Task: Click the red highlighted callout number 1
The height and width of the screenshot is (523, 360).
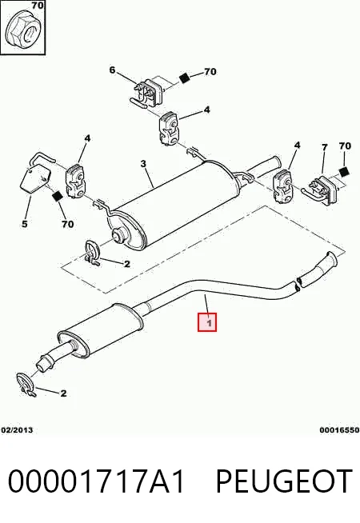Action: (x=207, y=322)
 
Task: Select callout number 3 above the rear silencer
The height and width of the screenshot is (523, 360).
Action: (x=143, y=164)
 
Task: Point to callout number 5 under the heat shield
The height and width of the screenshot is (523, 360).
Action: (x=24, y=223)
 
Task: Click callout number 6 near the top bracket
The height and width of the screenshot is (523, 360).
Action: (x=112, y=70)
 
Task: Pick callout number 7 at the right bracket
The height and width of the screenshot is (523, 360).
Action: (x=324, y=147)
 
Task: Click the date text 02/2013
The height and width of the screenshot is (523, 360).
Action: (x=17, y=430)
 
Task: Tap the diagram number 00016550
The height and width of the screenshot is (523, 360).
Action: (x=339, y=430)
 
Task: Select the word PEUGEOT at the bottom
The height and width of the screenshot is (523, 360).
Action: (x=284, y=481)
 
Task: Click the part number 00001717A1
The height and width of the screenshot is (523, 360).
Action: (x=96, y=481)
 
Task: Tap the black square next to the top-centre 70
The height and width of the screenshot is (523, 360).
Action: (x=184, y=78)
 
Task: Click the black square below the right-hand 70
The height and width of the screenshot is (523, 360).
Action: (x=343, y=172)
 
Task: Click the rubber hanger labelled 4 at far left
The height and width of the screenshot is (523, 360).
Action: (x=76, y=181)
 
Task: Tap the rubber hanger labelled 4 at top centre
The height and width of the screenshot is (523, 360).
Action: (x=168, y=129)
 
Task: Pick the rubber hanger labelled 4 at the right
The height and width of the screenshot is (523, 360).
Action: (x=283, y=186)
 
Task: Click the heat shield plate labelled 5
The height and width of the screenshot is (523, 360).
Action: (x=34, y=178)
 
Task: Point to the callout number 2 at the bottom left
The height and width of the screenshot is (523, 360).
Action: (x=63, y=393)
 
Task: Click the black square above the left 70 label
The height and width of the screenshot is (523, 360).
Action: (x=58, y=197)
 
